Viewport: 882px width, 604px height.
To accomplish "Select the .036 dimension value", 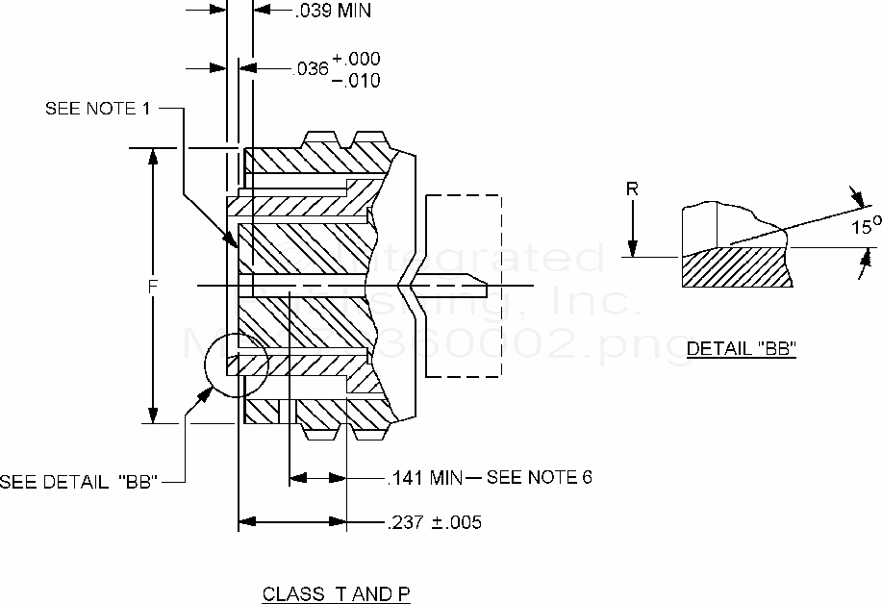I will tap(311, 69).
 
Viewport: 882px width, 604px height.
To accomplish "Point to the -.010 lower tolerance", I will tap(356, 80).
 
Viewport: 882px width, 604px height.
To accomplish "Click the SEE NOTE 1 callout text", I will tap(97, 109).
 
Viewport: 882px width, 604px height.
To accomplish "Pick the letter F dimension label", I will tap(140, 287).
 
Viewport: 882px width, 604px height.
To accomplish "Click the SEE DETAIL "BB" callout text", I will tap(79, 482).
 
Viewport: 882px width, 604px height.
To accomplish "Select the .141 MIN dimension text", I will tap(424, 478).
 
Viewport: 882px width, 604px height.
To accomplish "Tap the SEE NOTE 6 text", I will tap(540, 478).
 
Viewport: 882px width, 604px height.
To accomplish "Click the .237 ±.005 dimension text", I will tap(434, 523).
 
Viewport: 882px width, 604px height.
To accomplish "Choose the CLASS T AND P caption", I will tap(337, 594).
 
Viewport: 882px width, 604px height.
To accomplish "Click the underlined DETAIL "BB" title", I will tap(741, 349).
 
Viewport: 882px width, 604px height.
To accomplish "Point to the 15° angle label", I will tap(863, 228).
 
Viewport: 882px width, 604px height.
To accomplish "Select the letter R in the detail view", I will tap(632, 189).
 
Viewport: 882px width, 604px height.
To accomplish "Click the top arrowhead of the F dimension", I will tap(152, 157).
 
